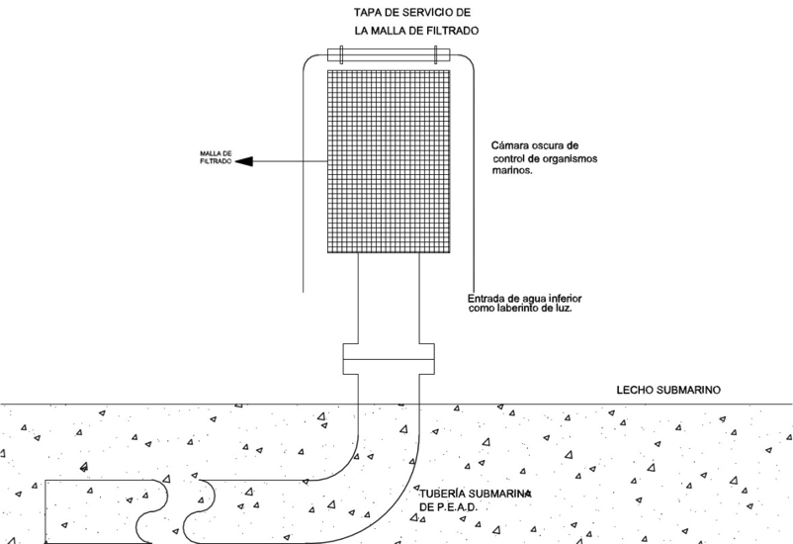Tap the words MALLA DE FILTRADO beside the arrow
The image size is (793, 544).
pos(216,157)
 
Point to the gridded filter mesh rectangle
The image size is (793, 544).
pos(389,158)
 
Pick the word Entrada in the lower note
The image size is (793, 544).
pos(488,298)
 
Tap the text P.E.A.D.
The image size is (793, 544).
pos(457,506)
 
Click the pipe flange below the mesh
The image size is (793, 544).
pos(388,358)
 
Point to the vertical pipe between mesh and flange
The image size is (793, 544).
pos(388,297)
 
